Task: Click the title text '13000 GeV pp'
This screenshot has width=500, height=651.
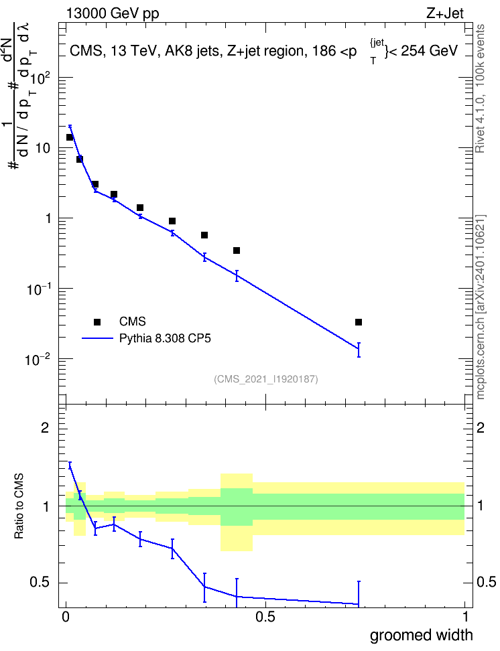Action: [113, 13]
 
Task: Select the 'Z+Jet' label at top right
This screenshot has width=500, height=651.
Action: [445, 13]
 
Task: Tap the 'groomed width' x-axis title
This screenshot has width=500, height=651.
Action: [421, 635]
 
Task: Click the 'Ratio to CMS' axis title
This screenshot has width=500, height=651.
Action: [19, 506]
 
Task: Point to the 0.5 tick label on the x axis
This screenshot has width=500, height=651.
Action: [265, 617]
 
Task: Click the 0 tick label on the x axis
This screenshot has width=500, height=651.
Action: [65, 617]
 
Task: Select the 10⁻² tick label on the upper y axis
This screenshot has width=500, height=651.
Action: [38, 359]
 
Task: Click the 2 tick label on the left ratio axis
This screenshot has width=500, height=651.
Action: [46, 428]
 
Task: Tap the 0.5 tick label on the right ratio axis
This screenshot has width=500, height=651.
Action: [486, 582]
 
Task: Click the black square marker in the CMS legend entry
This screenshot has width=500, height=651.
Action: [97, 321]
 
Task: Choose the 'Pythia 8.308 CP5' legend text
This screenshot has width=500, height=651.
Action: [165, 338]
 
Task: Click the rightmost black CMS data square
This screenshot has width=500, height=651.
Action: [359, 322]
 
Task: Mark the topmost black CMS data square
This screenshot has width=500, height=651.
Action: [70, 137]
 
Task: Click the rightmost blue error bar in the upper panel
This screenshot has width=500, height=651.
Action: [359, 350]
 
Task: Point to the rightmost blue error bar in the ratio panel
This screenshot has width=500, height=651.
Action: [359, 593]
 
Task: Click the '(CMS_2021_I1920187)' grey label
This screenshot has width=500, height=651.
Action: [266, 378]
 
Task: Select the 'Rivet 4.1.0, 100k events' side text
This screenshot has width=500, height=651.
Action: [480, 88]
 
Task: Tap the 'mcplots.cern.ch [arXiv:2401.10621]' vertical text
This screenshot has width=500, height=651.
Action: [480, 307]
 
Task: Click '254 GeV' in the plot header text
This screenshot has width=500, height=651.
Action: [428, 51]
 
